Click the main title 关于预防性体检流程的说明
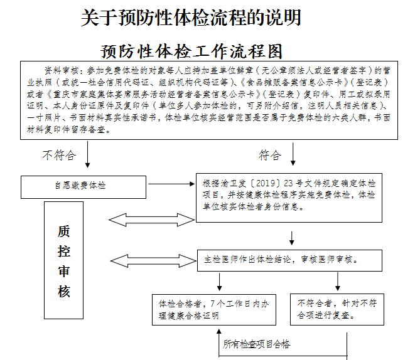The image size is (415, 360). click(191, 18)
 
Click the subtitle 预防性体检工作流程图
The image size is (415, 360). click(191, 50)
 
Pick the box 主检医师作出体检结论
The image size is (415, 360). click(289, 258)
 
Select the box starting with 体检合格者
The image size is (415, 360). click(213, 309)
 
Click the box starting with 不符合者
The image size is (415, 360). click(337, 309)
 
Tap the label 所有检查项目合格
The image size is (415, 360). click(257, 344)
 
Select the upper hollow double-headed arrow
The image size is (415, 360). click(151, 219)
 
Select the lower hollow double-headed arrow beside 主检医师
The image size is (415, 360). click(151, 258)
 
